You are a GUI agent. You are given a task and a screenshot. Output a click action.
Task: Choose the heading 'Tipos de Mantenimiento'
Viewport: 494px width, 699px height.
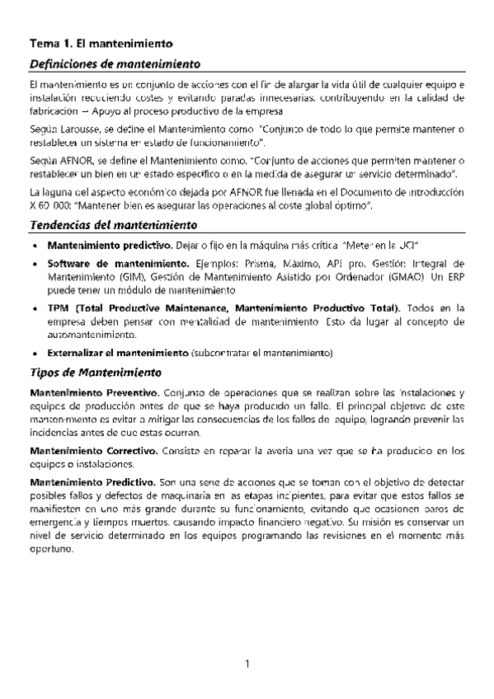pos(93,373)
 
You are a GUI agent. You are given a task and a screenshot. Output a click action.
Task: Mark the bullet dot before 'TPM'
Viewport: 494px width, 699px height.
pos(33,308)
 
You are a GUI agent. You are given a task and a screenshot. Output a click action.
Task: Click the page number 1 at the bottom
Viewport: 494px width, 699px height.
pos(247,662)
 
